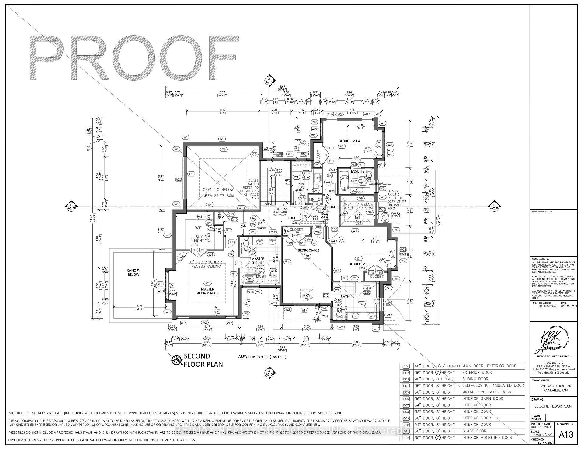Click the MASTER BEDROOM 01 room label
click(x=207, y=291)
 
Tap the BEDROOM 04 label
click(x=349, y=141)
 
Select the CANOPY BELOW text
click(x=134, y=272)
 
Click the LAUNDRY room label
click(x=301, y=190)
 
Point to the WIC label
click(x=198, y=228)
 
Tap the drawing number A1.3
click(x=566, y=435)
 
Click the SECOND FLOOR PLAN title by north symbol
click(x=203, y=360)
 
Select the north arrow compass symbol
click(x=176, y=361)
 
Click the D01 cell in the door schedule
click(x=406, y=366)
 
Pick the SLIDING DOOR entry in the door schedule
click(x=475, y=379)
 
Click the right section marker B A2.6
click(x=495, y=206)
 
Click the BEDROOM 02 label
click(x=308, y=250)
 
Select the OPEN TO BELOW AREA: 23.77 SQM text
click(x=218, y=193)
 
